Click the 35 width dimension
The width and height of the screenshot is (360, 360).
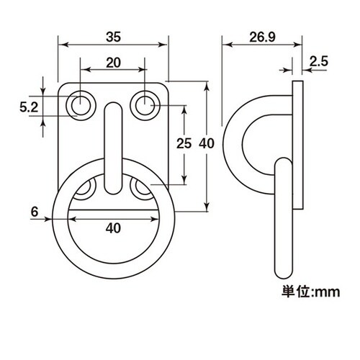point(113,37)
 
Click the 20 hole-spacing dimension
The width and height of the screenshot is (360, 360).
point(113,63)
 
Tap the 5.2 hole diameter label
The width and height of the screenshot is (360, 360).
point(29,107)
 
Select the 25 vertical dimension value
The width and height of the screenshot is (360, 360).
point(184,143)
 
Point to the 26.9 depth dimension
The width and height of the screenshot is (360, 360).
point(262,37)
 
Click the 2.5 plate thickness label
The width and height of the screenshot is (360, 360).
point(318,61)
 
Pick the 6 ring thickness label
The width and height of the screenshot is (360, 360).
point(35,212)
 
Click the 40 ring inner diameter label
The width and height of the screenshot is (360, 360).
point(113,228)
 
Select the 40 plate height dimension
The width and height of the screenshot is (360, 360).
point(207,143)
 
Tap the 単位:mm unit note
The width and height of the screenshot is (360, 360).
point(311,292)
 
